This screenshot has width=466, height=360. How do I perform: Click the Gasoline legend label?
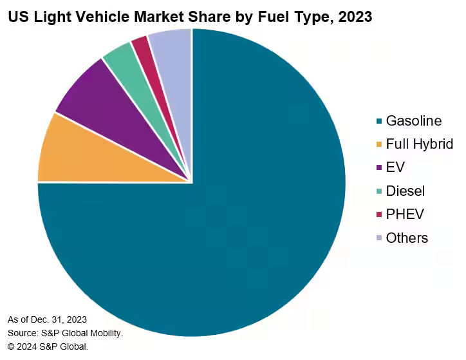[x=413, y=121]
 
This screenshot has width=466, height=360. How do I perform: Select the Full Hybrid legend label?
[x=419, y=144]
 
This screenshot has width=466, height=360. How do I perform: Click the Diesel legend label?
[x=405, y=191]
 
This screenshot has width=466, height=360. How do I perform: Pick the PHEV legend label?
[x=405, y=214]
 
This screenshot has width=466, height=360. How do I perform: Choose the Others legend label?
[x=407, y=238]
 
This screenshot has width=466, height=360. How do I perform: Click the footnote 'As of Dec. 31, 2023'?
[x=47, y=319]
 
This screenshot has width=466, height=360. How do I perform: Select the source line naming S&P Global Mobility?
[x=65, y=333]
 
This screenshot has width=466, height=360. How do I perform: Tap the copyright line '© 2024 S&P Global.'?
[x=48, y=346]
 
